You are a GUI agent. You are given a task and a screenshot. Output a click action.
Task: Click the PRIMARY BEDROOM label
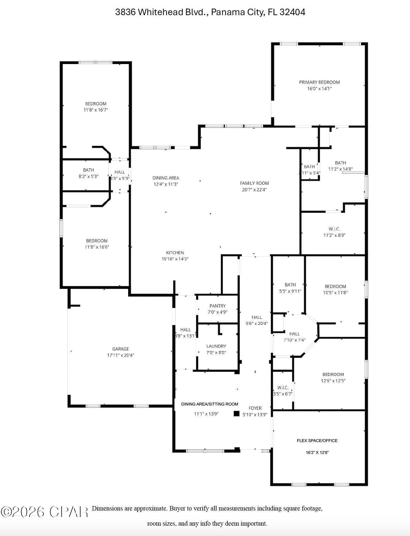319,82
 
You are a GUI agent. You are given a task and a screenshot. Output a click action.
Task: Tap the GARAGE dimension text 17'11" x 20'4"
120,355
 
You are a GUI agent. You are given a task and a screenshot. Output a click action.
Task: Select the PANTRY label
217,306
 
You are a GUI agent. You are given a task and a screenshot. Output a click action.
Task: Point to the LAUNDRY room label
216,346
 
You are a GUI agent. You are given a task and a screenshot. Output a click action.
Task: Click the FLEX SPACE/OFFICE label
317,441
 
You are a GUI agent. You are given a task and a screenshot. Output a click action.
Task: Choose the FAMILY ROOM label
254,183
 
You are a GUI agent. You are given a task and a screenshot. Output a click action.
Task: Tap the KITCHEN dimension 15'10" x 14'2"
175,259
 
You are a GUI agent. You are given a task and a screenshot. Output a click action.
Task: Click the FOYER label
255,408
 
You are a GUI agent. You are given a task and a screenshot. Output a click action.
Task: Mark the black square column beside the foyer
236,414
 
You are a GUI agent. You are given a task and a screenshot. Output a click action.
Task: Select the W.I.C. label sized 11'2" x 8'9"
334,229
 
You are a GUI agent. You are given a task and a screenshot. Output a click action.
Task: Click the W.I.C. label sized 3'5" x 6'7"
283,388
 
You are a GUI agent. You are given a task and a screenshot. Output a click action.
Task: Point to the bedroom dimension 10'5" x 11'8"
335,293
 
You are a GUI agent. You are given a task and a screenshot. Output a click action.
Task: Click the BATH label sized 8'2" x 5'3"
88,170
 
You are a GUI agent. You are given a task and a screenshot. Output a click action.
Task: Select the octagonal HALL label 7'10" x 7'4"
295,334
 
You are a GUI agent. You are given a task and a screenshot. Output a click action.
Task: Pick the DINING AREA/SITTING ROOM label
210,404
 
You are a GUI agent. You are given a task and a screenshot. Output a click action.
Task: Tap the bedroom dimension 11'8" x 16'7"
96,110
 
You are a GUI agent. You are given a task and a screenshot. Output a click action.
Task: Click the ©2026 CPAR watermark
45,512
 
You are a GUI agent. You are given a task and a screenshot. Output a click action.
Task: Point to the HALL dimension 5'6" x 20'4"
257,323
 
